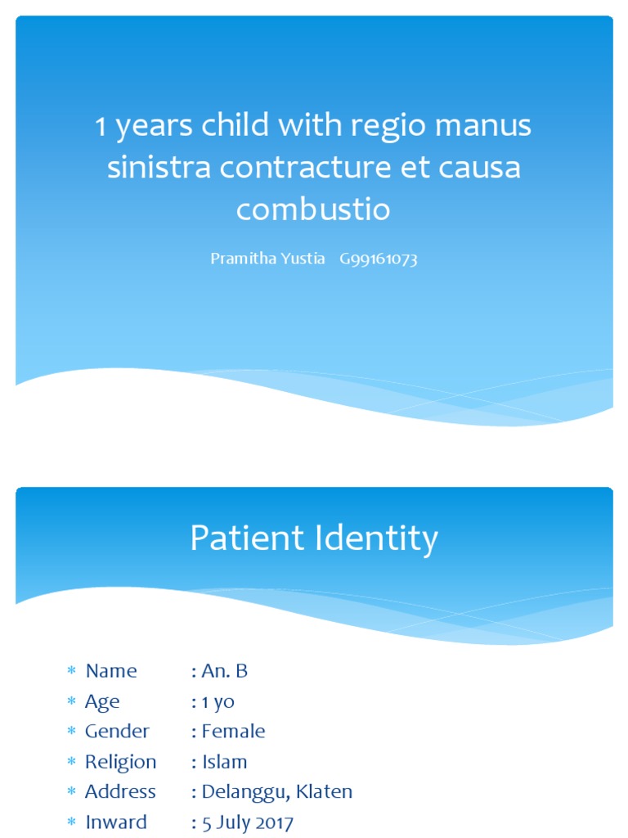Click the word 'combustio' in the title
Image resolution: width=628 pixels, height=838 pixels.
coord(313,210)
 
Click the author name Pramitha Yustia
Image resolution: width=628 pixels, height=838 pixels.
coord(267,259)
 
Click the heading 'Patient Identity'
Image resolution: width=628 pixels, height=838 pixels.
coord(314,539)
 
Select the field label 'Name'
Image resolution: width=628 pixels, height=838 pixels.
coord(111,671)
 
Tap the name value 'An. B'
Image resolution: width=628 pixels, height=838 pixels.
coord(224,671)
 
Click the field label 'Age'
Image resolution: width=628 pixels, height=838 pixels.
coord(102,701)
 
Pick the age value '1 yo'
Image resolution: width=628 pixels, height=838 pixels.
coord(218,701)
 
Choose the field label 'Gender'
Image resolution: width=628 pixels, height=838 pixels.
coord(117,731)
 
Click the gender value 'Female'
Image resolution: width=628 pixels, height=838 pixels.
coord(233,731)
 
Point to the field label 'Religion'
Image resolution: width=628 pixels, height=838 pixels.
coord(120,762)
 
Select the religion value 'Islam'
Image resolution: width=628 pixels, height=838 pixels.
coord(224,762)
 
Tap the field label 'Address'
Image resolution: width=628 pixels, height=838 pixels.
coord(120,791)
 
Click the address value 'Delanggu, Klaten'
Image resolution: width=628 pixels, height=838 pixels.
coord(276,791)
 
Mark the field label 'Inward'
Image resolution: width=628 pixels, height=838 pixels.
coord(116,822)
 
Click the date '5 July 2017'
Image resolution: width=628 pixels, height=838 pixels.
coord(247,822)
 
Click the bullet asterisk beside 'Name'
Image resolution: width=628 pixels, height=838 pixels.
coord(70,672)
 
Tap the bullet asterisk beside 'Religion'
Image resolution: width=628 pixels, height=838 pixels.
coord(70,762)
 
